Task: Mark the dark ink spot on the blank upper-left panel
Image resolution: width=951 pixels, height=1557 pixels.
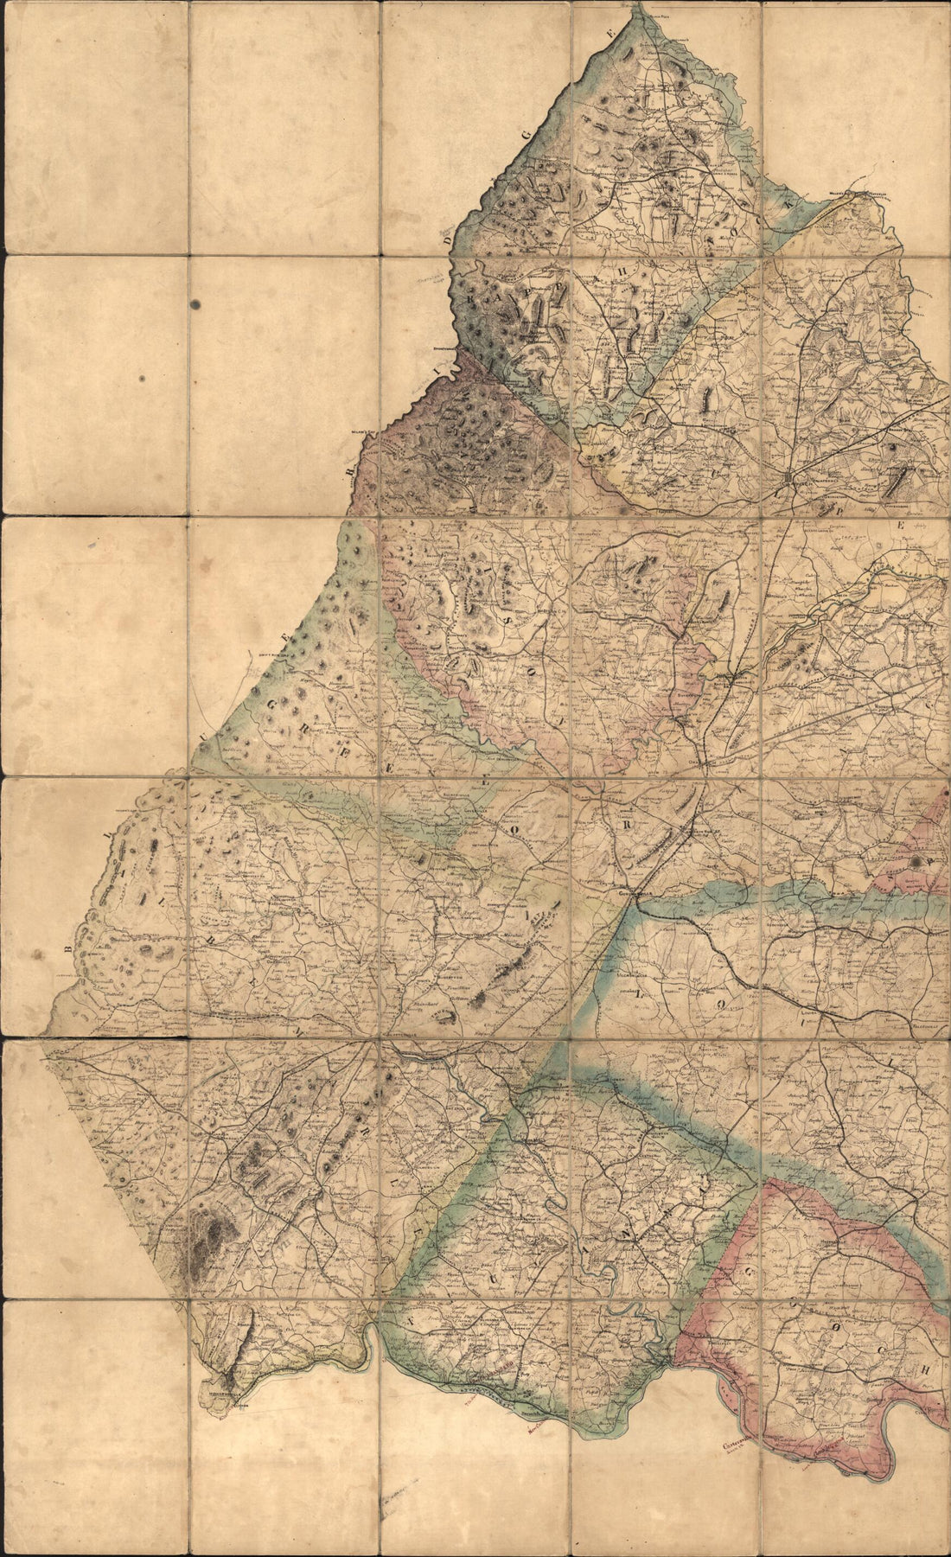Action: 196,304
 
